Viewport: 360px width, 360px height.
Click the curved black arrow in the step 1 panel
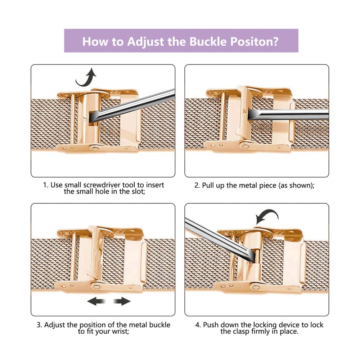86,77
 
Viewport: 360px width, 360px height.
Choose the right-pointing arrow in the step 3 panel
122,301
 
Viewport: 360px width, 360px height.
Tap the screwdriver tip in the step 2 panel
250,114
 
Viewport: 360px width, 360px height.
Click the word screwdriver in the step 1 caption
102,185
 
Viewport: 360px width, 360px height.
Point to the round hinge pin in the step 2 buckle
245,145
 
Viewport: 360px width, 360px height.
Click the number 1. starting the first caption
46,185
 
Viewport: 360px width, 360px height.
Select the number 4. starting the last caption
198,325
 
